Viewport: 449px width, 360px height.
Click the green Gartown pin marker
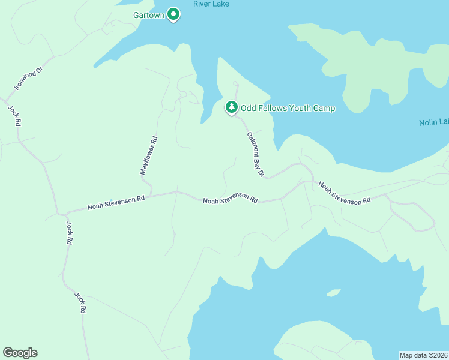tap(173, 13)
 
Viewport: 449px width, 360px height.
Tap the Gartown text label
tap(148, 15)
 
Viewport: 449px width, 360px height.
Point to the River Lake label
tap(211, 4)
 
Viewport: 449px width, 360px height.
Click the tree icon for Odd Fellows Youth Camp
tap(231, 107)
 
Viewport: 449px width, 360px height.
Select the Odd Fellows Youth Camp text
tap(288, 109)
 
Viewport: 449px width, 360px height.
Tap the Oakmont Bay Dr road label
tap(256, 155)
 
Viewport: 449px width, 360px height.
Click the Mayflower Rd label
tap(148, 155)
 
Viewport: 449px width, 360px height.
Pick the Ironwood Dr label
tap(30, 79)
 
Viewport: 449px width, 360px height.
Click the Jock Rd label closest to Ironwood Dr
tap(15, 115)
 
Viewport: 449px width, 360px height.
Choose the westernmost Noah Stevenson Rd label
tap(116, 202)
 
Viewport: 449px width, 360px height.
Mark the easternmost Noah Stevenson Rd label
tap(344, 193)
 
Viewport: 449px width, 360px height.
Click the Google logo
tap(20, 353)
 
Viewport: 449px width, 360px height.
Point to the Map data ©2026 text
tap(423, 355)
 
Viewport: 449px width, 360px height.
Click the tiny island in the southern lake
tap(334, 293)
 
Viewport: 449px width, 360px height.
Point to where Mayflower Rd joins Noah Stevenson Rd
tap(151, 194)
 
